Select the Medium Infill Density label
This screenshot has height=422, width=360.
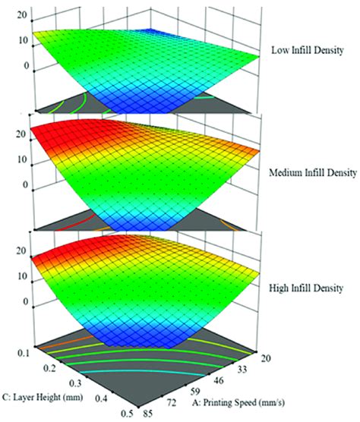(312, 172)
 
